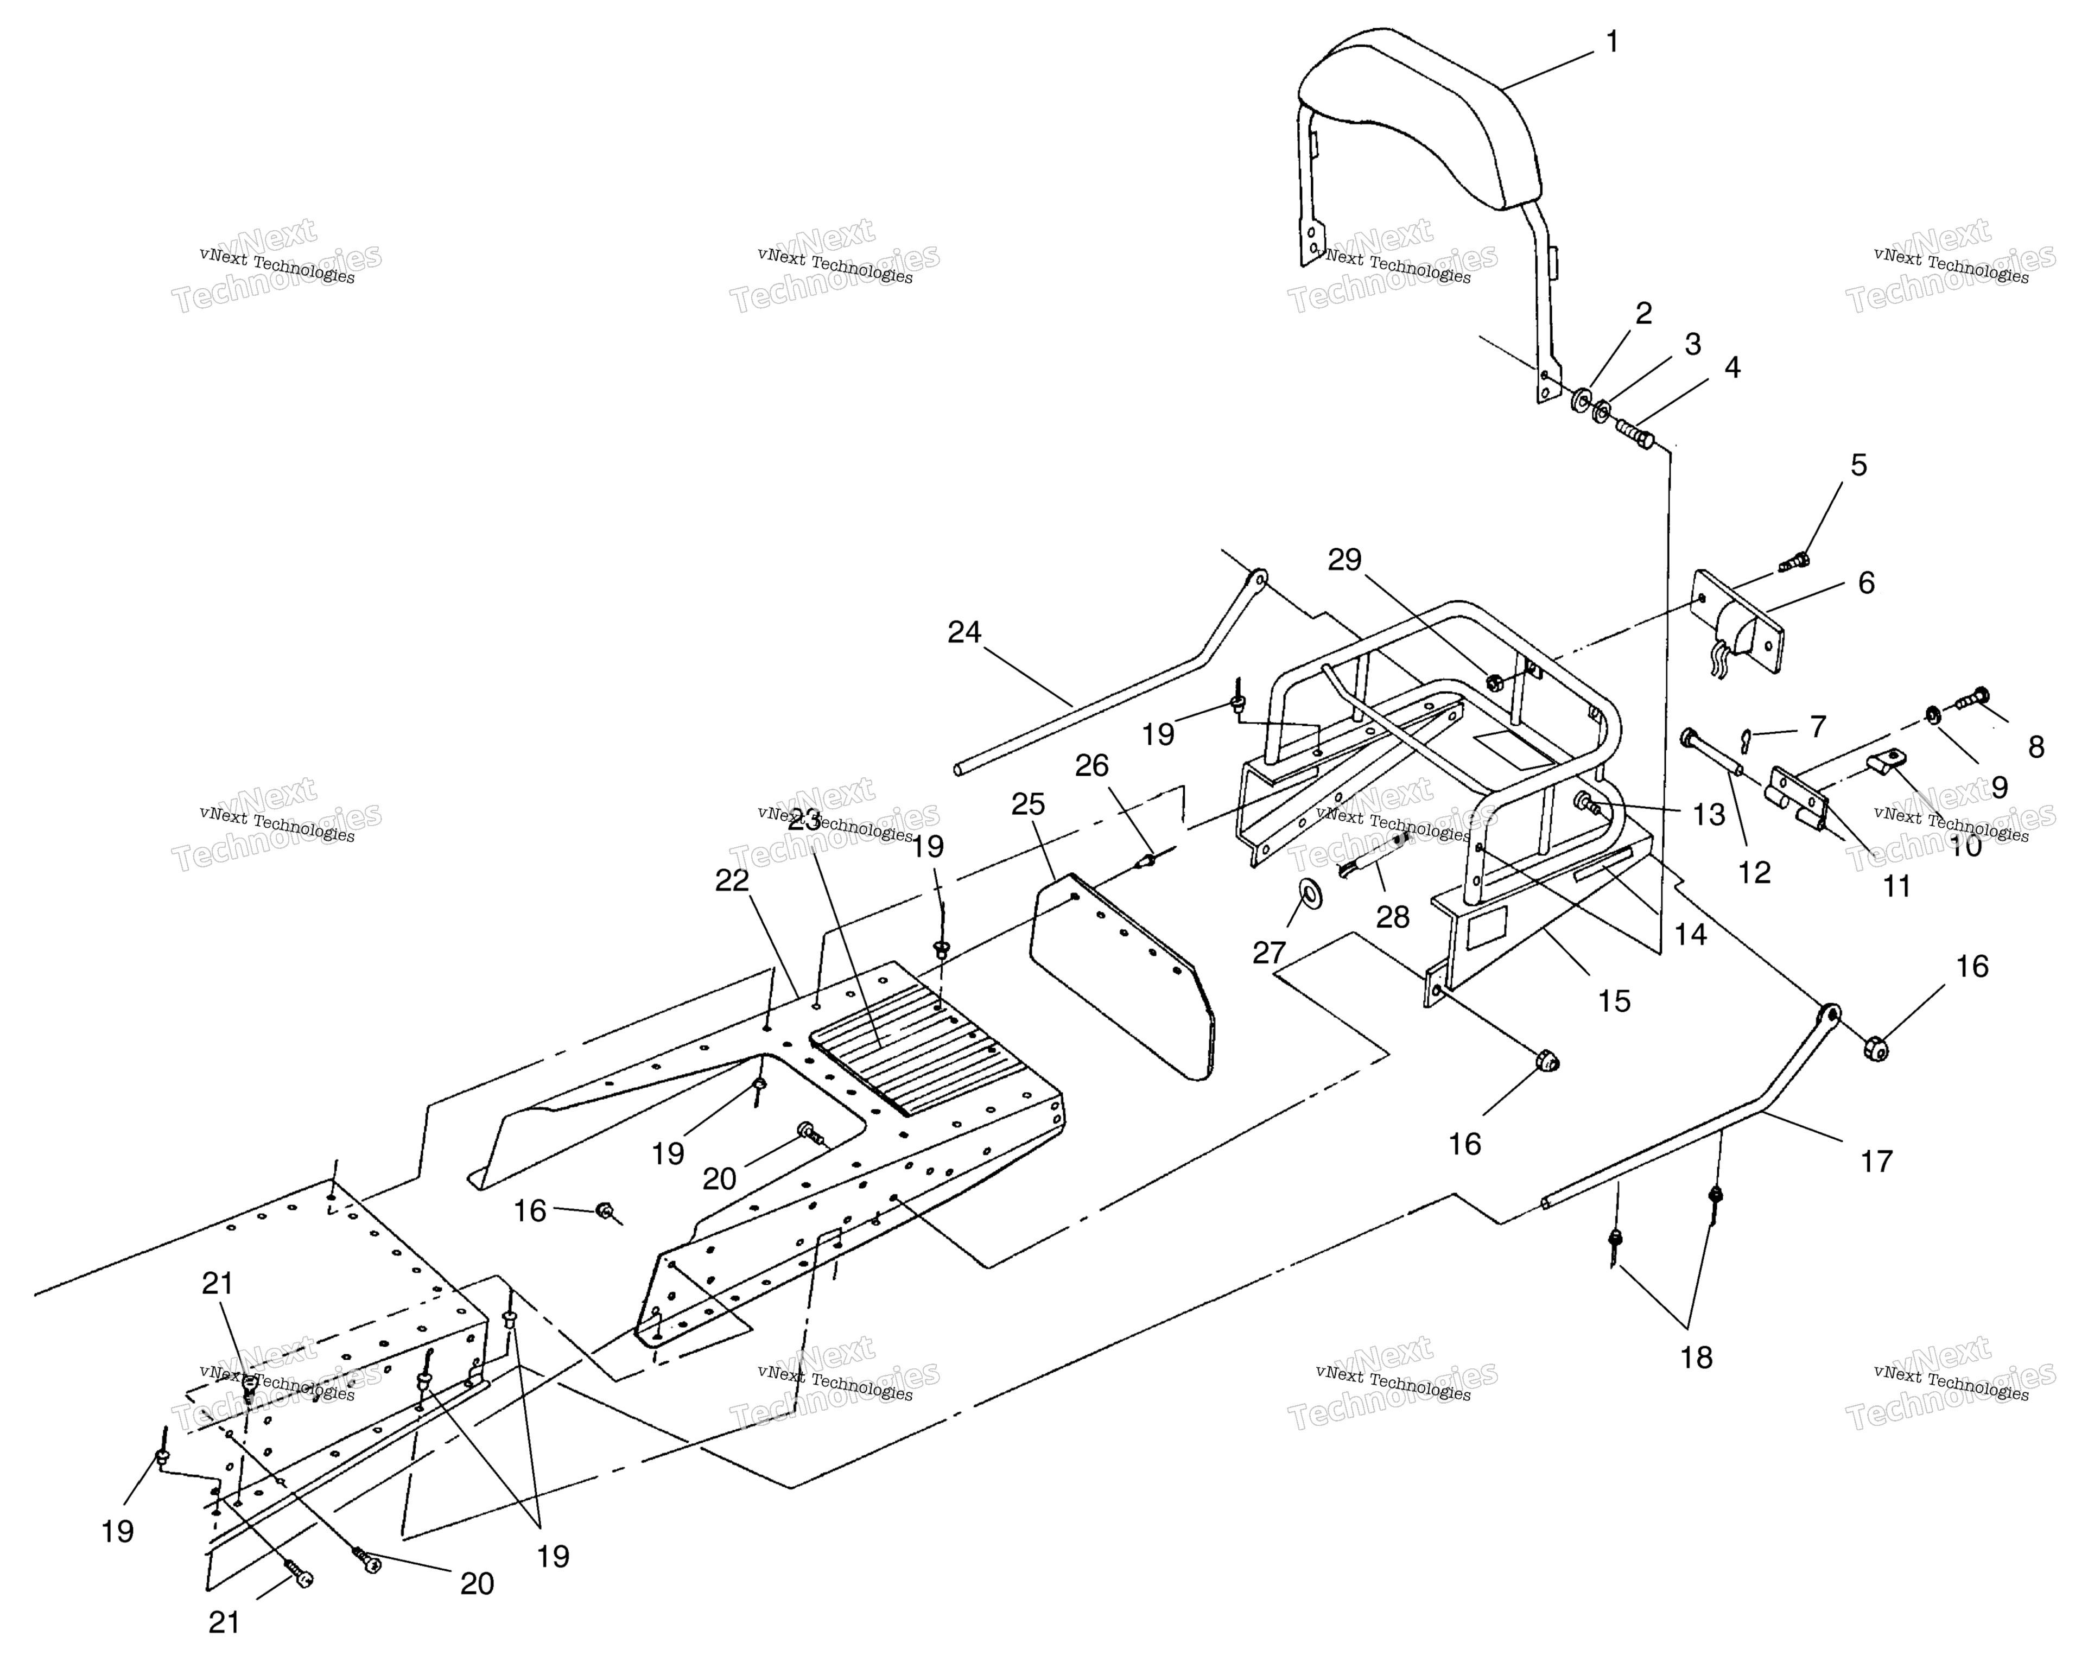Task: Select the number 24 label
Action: [964, 632]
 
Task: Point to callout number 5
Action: [1858, 465]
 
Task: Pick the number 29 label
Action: [1344, 560]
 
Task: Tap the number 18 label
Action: [1696, 1357]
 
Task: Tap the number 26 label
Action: [1091, 765]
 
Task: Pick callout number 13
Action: [1709, 815]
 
